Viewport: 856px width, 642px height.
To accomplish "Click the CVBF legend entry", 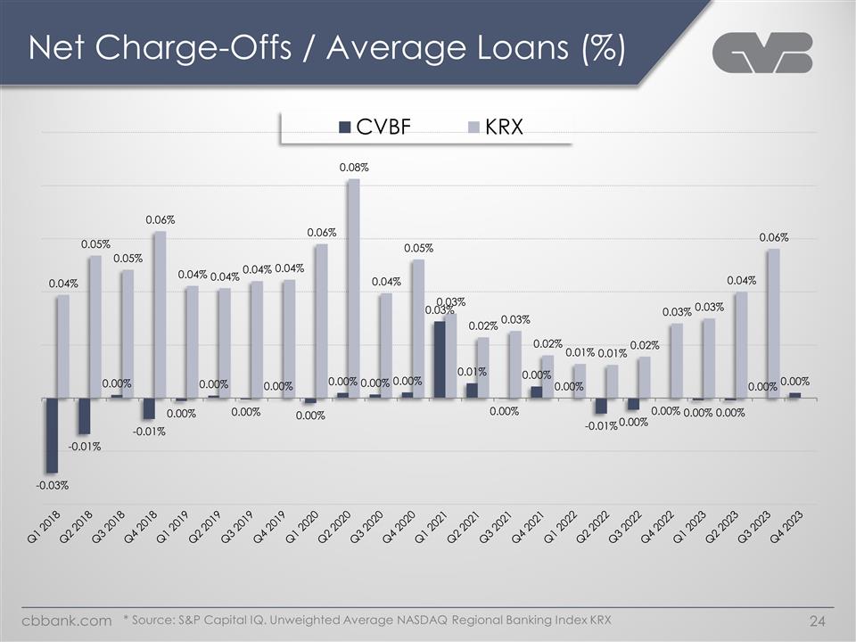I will (374, 127).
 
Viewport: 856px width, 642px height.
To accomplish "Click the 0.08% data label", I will (354, 167).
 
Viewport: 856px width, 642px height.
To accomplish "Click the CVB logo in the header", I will (762, 53).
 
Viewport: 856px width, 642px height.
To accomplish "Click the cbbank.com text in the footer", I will (67, 620).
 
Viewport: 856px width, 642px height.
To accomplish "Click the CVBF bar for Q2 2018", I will (84, 416).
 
